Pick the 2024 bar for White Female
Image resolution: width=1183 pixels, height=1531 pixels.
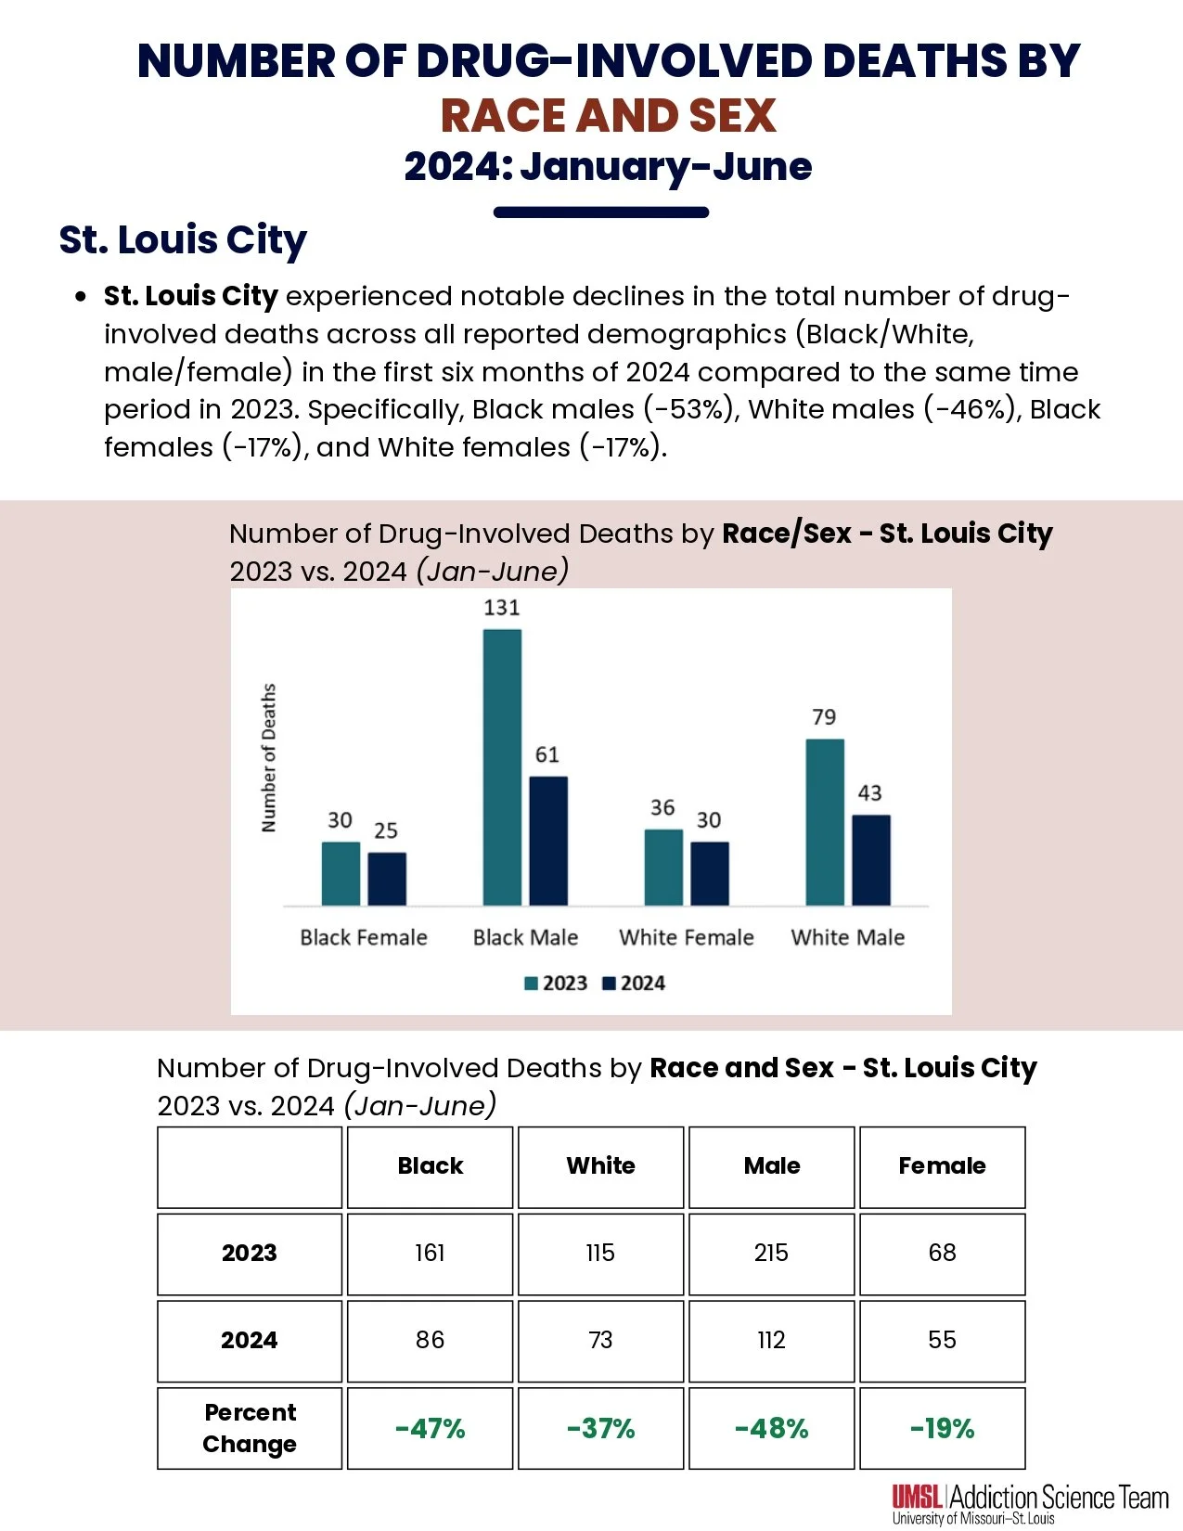pos(710,873)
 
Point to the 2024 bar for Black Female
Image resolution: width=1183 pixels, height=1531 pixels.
pos(387,879)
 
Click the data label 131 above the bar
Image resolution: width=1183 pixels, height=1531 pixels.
pos(502,608)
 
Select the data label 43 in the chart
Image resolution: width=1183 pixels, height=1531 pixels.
pos(869,793)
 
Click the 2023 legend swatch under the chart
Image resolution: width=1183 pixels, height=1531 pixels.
pos(532,984)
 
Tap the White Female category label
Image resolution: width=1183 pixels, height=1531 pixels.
pos(687,937)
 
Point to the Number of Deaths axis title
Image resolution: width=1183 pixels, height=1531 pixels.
pos(269,758)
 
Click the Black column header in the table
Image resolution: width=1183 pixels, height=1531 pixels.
pos(430,1166)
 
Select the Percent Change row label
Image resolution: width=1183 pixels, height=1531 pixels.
pos(250,1428)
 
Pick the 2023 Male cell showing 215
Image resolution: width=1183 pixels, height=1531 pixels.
pos(771,1254)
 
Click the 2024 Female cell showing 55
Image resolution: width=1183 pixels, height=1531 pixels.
pos(942,1340)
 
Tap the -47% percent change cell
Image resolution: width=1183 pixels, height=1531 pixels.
pos(430,1428)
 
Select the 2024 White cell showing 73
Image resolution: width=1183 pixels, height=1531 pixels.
pos(600,1340)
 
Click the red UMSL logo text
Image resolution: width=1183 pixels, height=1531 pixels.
pos(918,1496)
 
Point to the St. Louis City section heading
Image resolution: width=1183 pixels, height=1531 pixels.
pos(183,240)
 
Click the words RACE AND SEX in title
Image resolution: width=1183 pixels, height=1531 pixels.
pos(608,116)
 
